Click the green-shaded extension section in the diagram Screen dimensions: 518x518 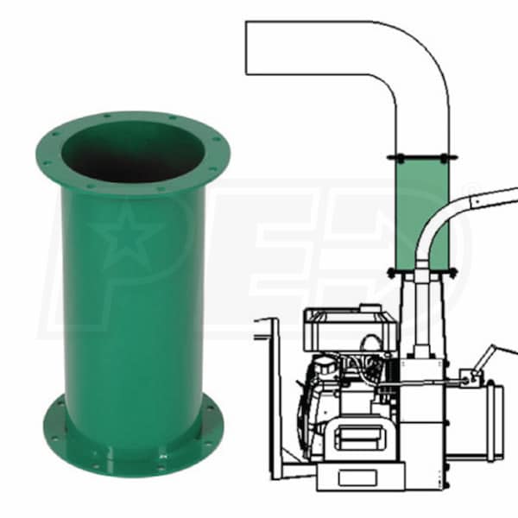[x=422, y=212]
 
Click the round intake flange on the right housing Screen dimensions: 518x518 [x=496, y=414]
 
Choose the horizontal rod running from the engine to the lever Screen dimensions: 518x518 [x=414, y=382]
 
